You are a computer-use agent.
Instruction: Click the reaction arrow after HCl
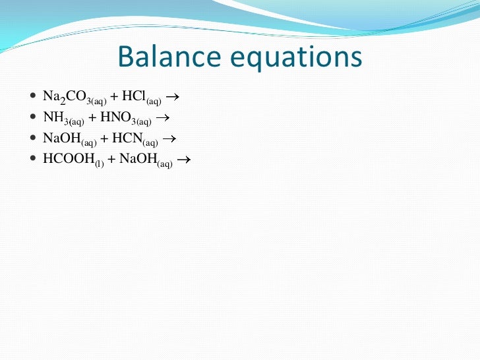point(173,98)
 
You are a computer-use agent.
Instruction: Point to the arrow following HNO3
point(162,118)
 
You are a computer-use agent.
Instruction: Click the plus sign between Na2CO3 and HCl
point(115,97)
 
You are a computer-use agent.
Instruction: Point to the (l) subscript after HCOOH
point(99,164)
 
